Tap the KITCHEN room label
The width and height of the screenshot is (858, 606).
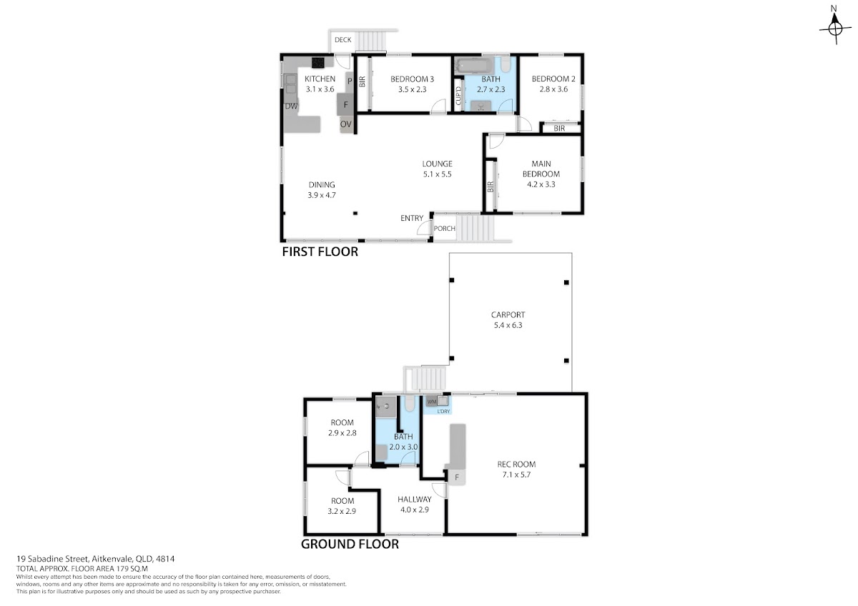click(x=320, y=79)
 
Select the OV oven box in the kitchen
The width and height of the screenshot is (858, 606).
click(x=346, y=124)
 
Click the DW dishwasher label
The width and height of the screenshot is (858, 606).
click(x=291, y=106)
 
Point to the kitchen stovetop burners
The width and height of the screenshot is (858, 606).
click(x=317, y=63)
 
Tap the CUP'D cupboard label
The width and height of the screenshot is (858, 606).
click(x=458, y=96)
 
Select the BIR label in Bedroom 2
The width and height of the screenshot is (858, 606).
click(x=559, y=128)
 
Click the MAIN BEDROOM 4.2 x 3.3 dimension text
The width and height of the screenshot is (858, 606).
click(x=541, y=184)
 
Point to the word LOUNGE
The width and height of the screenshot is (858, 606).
click(x=437, y=164)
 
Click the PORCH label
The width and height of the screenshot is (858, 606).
click(x=444, y=229)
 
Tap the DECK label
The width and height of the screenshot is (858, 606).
click(x=342, y=40)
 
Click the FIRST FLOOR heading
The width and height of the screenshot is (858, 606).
click(x=320, y=252)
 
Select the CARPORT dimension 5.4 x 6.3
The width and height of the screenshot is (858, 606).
click(x=508, y=325)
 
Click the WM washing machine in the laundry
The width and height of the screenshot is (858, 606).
click(x=431, y=402)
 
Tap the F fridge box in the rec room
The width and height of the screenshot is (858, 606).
click(x=457, y=477)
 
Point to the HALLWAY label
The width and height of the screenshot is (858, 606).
click(x=415, y=500)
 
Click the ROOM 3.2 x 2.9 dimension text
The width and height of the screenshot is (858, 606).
click(x=342, y=511)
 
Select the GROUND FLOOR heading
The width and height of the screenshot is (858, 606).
click(x=350, y=544)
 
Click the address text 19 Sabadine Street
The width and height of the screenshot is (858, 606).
click(x=52, y=559)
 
